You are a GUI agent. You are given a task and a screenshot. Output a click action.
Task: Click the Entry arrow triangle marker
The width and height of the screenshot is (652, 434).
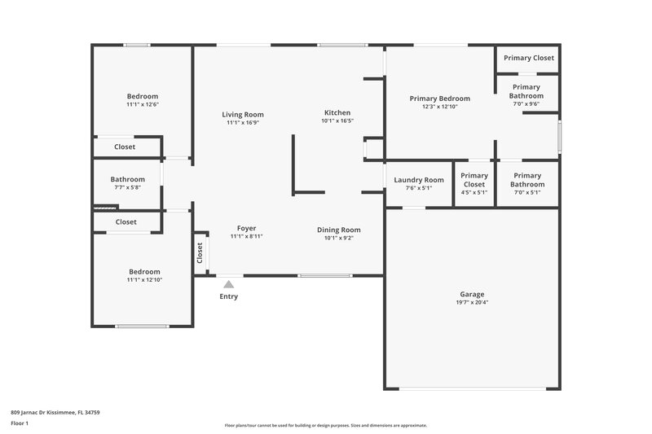click(229, 284)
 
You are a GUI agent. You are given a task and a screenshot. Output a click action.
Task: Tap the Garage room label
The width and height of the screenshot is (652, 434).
click(472, 294)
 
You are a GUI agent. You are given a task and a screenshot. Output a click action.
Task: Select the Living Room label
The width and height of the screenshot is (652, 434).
click(243, 115)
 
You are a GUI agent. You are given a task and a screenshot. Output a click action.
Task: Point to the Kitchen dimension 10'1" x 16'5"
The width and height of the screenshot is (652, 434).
click(337, 121)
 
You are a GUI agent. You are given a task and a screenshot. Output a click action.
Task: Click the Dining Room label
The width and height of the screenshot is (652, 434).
click(338, 230)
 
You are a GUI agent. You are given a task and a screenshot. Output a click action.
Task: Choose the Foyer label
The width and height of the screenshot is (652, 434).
click(246, 228)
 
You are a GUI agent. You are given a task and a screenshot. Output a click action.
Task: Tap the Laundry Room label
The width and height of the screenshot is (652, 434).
click(419, 180)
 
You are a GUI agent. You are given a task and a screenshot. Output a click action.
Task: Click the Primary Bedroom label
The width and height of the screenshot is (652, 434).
click(440, 99)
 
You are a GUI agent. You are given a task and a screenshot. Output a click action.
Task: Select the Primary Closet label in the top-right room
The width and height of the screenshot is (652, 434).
click(528, 58)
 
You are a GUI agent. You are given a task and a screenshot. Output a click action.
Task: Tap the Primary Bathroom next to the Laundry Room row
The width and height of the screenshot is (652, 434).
click(527, 180)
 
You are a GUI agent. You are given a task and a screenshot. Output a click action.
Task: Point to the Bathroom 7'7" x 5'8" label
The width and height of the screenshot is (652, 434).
click(127, 180)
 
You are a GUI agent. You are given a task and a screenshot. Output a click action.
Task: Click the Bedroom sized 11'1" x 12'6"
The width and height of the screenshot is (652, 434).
click(142, 96)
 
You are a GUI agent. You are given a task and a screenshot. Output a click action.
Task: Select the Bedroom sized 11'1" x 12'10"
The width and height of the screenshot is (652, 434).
click(144, 272)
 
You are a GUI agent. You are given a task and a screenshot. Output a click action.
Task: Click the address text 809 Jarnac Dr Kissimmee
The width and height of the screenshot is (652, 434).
click(55, 412)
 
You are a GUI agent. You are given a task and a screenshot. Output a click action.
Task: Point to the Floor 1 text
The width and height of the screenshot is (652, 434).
click(20, 423)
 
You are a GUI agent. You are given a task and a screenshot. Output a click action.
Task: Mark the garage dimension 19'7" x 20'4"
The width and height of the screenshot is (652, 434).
click(472, 302)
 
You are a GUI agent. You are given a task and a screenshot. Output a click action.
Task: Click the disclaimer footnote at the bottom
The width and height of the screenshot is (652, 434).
click(325, 425)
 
